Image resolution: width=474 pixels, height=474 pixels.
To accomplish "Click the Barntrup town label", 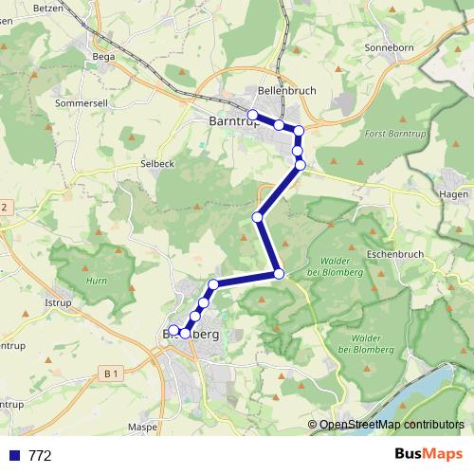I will tap(228, 120).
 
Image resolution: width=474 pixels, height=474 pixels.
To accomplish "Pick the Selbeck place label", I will tap(156, 163).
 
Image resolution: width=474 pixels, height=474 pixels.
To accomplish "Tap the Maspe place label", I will tap(142, 427).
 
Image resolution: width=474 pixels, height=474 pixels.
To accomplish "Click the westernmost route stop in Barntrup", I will tap(253, 116).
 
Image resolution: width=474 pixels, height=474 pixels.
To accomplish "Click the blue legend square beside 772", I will tap(14, 456).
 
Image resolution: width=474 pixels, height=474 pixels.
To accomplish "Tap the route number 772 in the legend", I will tap(40, 456).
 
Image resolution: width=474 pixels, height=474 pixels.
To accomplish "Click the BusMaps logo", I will tap(428, 455).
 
